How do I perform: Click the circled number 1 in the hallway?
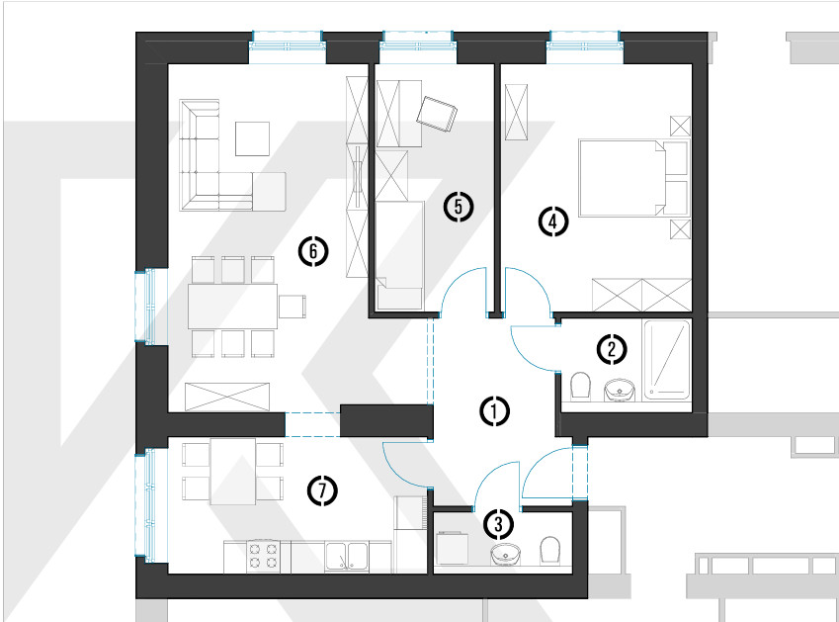coord(494,411)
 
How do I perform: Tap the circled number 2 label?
coord(612,349)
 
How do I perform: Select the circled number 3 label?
coord(499,524)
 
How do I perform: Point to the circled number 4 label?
coord(553,222)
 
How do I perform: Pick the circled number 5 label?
coord(459,207)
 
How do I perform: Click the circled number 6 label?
coord(313,251)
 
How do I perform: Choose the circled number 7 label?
coord(322,490)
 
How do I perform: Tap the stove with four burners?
coord(263,556)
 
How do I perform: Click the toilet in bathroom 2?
coord(580,386)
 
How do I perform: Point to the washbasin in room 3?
coord(506,554)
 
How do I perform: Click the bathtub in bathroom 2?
coord(667,360)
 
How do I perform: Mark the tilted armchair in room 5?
coord(437,114)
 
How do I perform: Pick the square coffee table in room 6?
coord(253,138)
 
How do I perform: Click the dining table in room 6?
coord(233,307)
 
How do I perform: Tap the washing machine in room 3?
coord(453,548)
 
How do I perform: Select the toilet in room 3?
coord(549,550)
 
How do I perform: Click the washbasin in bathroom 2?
coord(620,390)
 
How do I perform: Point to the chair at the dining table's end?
coord(293,307)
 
